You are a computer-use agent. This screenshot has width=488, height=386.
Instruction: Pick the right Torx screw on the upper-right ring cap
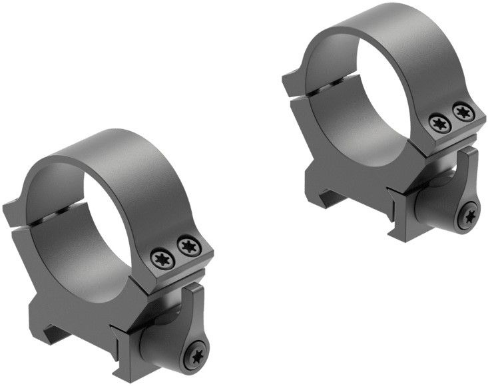[x=460, y=111]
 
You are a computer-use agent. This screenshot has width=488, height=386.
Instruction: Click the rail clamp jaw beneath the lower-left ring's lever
[x=143, y=339]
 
